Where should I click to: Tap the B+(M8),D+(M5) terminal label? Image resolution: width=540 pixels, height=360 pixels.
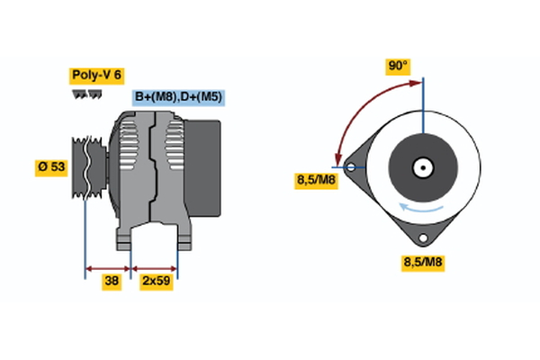pos(179,97)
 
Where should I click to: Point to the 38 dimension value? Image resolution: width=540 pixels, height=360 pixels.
pos(112,282)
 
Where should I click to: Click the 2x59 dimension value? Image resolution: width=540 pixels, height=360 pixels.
pos(157,282)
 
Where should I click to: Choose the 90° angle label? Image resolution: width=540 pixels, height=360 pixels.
pos(397,66)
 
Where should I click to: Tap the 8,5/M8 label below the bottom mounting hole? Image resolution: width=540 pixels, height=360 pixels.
pos(421,263)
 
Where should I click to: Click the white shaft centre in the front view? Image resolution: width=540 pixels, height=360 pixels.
pos(422,166)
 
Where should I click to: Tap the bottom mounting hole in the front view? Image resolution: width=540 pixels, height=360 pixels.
pos(422,238)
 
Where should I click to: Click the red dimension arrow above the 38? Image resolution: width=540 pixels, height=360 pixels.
pos(108,267)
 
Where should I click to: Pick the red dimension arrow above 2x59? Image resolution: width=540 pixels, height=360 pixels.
pos(155,267)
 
